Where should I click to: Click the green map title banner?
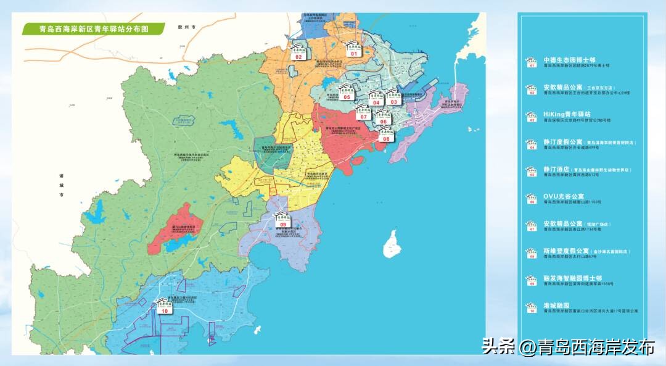pyautogui.click(x=92, y=28)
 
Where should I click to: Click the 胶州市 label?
pyautogui.click(x=186, y=28)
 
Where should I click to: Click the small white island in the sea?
pyautogui.click(x=391, y=244)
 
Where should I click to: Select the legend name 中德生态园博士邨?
pyautogui.click(x=564, y=60)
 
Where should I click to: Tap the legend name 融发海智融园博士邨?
pyautogui.click(x=572, y=278)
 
